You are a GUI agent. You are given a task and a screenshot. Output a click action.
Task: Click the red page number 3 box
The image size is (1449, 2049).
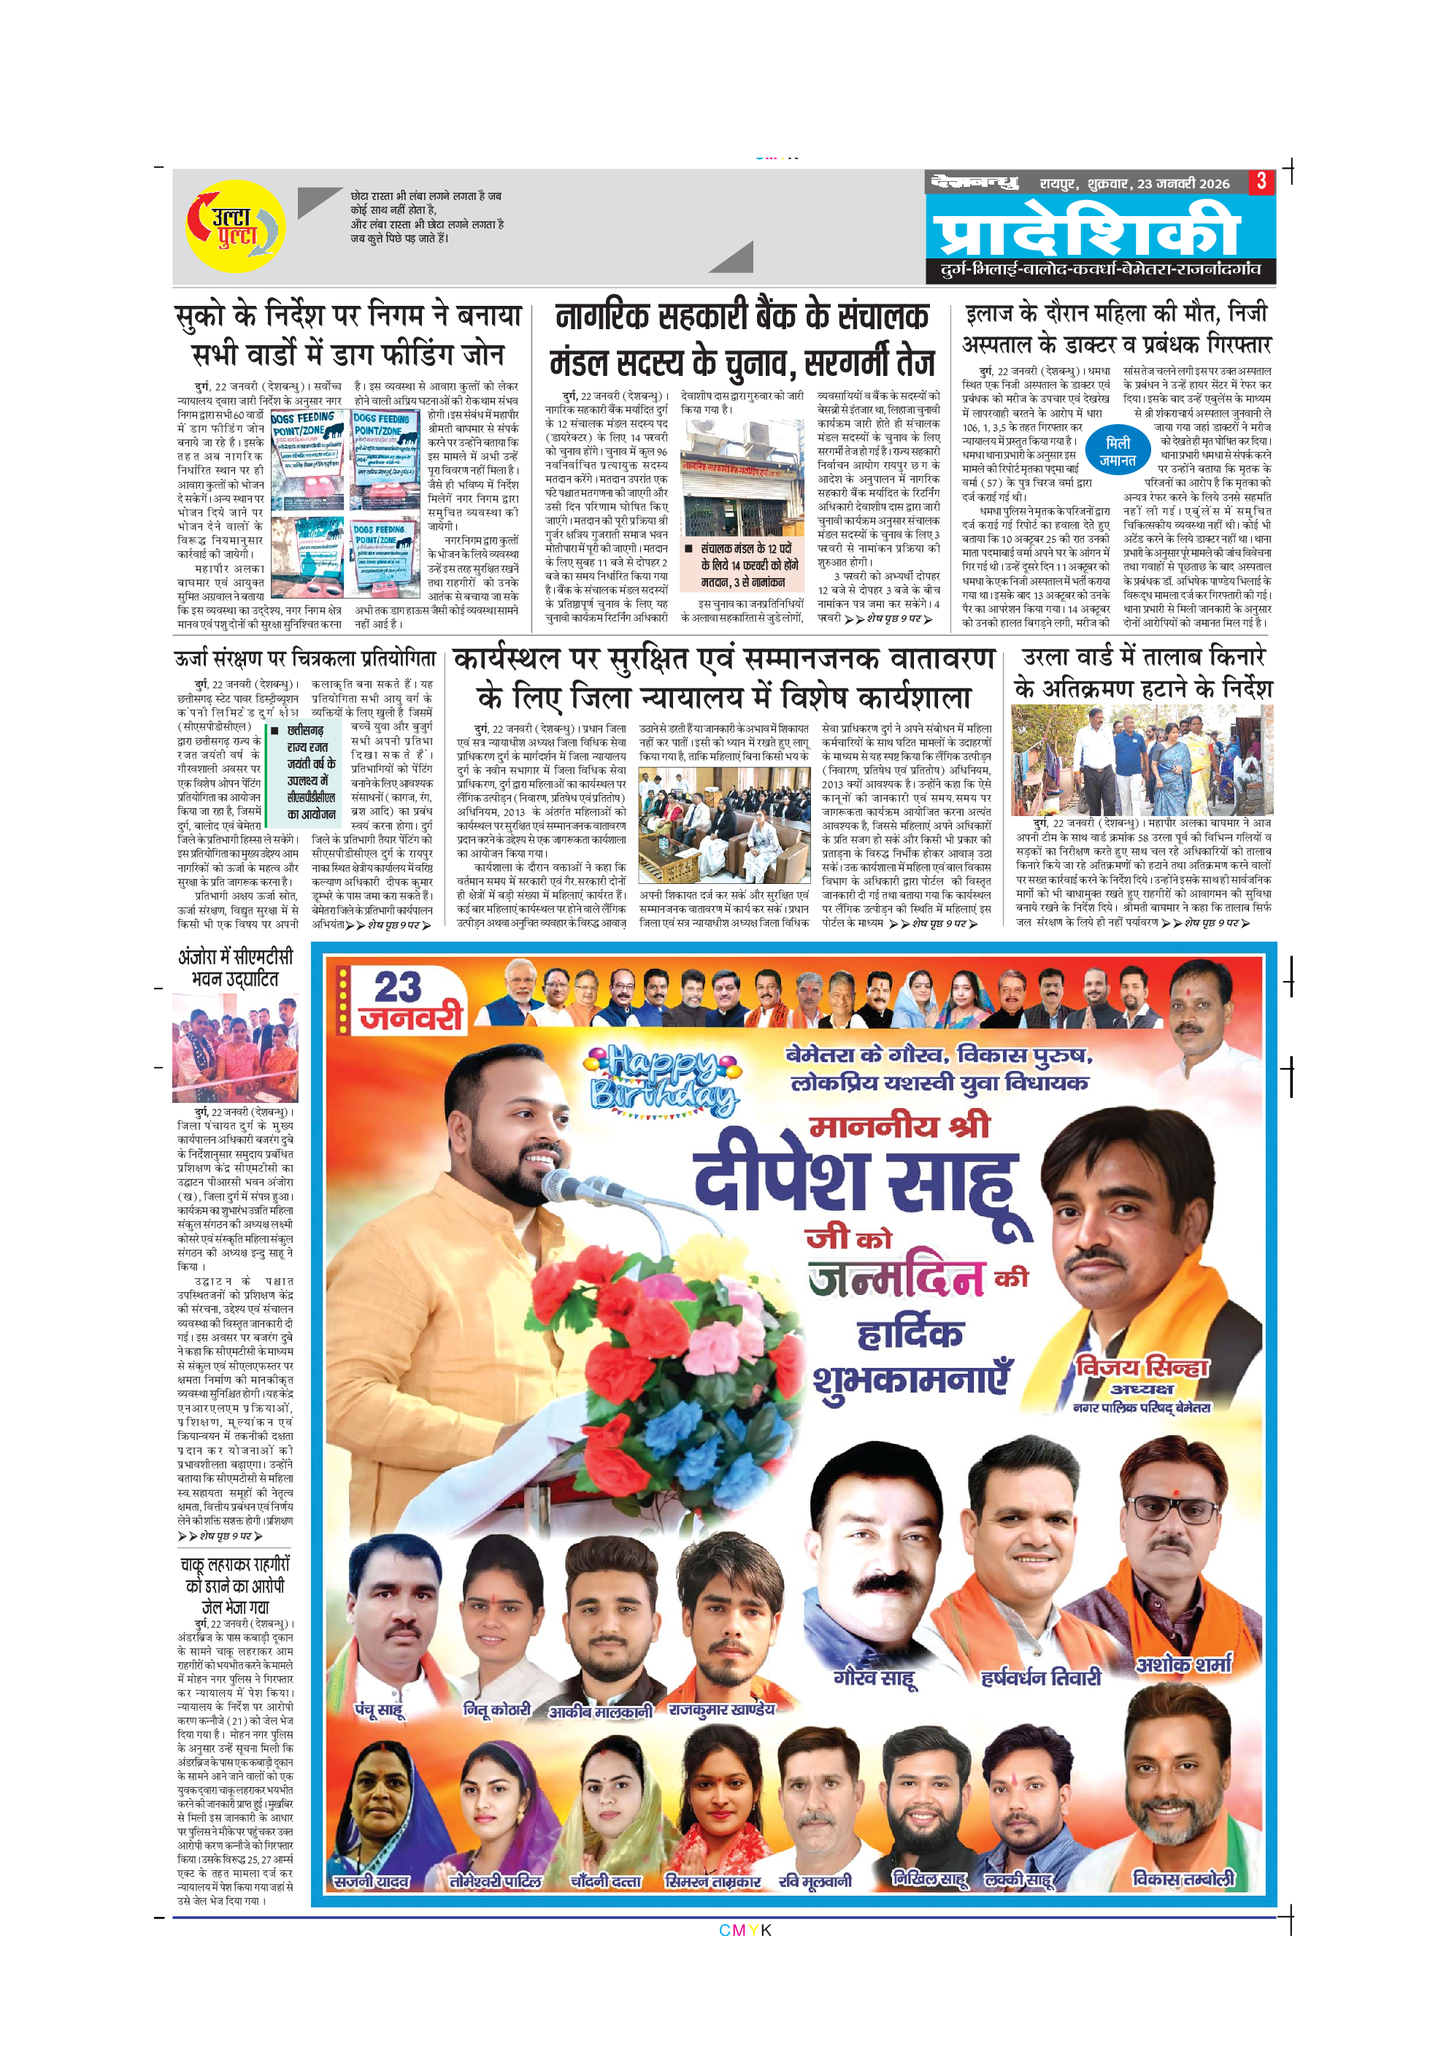tap(1261, 182)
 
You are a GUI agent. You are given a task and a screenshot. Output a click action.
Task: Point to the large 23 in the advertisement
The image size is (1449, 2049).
tap(397, 988)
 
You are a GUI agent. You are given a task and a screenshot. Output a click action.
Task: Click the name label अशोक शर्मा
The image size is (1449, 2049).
tap(1183, 1664)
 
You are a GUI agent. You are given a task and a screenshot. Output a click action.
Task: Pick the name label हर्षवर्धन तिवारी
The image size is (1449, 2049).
tap(1040, 1677)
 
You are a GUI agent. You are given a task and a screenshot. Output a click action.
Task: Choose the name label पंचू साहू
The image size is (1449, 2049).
tap(379, 1710)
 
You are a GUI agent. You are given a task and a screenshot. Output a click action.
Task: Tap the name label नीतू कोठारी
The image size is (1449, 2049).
tap(497, 1710)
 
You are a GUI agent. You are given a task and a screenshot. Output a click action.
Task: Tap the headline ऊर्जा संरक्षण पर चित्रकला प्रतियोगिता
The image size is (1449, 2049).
tap(304, 658)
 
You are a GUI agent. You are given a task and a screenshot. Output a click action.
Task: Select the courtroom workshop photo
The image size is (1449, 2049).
tap(723, 825)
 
